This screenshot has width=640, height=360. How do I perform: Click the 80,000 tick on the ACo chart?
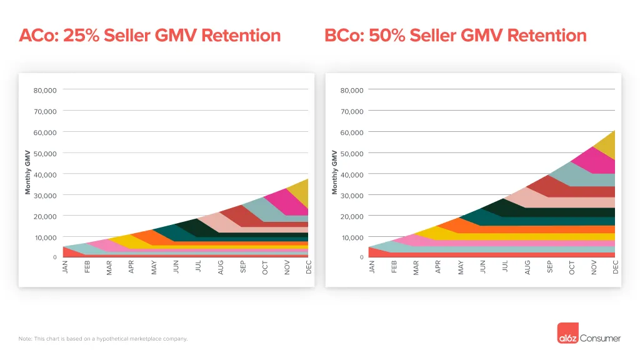click(x=45, y=90)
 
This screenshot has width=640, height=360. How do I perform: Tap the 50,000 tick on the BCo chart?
click(x=352, y=154)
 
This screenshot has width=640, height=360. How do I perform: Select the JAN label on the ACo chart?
click(x=65, y=267)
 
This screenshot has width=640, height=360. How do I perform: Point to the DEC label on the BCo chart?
click(x=616, y=267)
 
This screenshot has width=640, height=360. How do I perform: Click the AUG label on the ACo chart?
click(x=221, y=267)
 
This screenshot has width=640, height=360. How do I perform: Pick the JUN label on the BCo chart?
click(x=483, y=267)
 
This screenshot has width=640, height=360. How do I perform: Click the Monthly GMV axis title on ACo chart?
click(x=27, y=172)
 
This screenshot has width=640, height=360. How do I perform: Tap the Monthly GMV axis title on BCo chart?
click(x=335, y=172)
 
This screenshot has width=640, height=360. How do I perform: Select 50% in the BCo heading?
click(x=387, y=36)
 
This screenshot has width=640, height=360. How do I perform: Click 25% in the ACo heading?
click(x=81, y=36)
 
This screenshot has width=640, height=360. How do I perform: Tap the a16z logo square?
click(x=567, y=333)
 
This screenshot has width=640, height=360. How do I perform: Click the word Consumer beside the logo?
click(x=600, y=338)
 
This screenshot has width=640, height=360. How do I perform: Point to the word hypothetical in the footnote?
click(x=112, y=339)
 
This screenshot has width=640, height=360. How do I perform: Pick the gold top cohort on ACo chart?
click(x=301, y=193)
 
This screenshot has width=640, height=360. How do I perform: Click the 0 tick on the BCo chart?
click(x=362, y=257)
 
